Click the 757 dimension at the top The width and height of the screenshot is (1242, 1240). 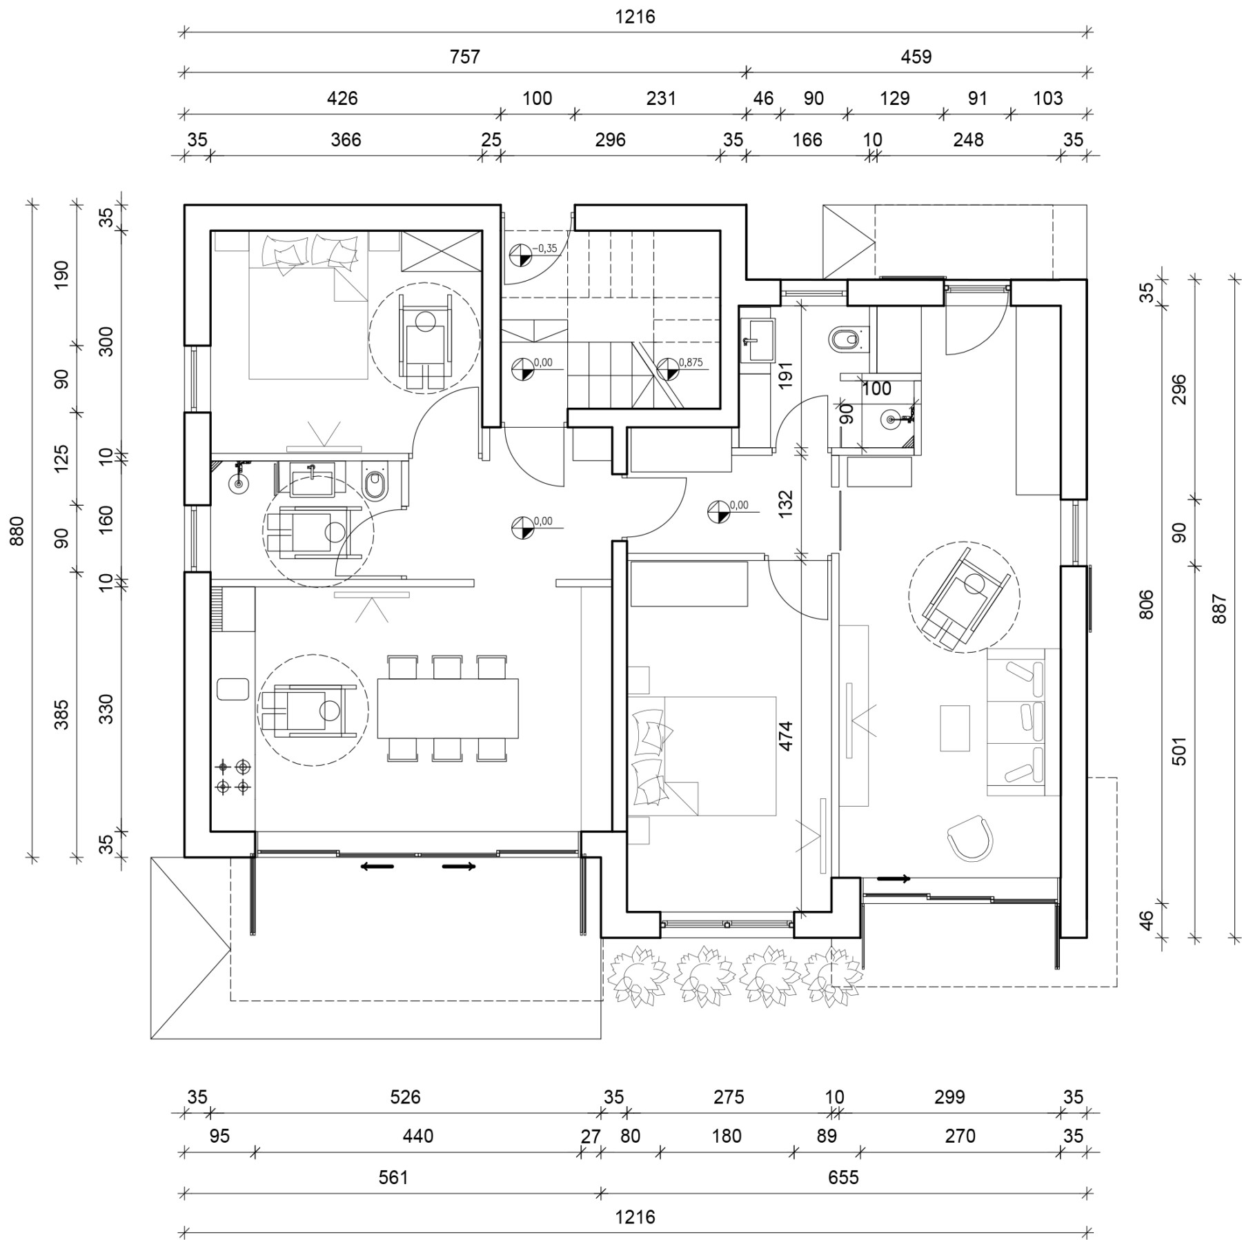pyautogui.click(x=464, y=57)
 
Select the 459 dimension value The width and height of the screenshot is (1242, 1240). pyautogui.click(x=916, y=57)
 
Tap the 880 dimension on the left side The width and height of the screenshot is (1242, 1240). pyautogui.click(x=17, y=531)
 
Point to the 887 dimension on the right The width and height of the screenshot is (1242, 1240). pyautogui.click(x=1219, y=609)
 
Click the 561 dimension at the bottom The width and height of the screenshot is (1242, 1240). pyautogui.click(x=393, y=1177)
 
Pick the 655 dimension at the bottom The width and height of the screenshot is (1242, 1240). pyautogui.click(x=843, y=1177)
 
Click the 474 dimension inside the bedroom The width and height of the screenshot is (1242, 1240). pyautogui.click(x=785, y=736)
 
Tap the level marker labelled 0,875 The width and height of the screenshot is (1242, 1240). pyautogui.click(x=668, y=369)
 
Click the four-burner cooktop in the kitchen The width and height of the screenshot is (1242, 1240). pyautogui.click(x=233, y=776)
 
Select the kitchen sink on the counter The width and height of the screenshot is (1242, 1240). pyautogui.click(x=233, y=689)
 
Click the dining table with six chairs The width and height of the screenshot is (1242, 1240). pyautogui.click(x=447, y=709)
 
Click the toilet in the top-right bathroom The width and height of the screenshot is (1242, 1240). pyautogui.click(x=844, y=339)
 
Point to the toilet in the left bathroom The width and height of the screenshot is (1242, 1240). pyautogui.click(x=375, y=484)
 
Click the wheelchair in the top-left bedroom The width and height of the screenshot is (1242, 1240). pyautogui.click(x=424, y=338)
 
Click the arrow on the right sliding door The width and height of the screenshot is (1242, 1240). pyautogui.click(x=894, y=878)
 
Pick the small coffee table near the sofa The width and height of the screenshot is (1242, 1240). pyautogui.click(x=954, y=727)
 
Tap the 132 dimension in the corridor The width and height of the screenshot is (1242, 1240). pyautogui.click(x=785, y=503)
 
